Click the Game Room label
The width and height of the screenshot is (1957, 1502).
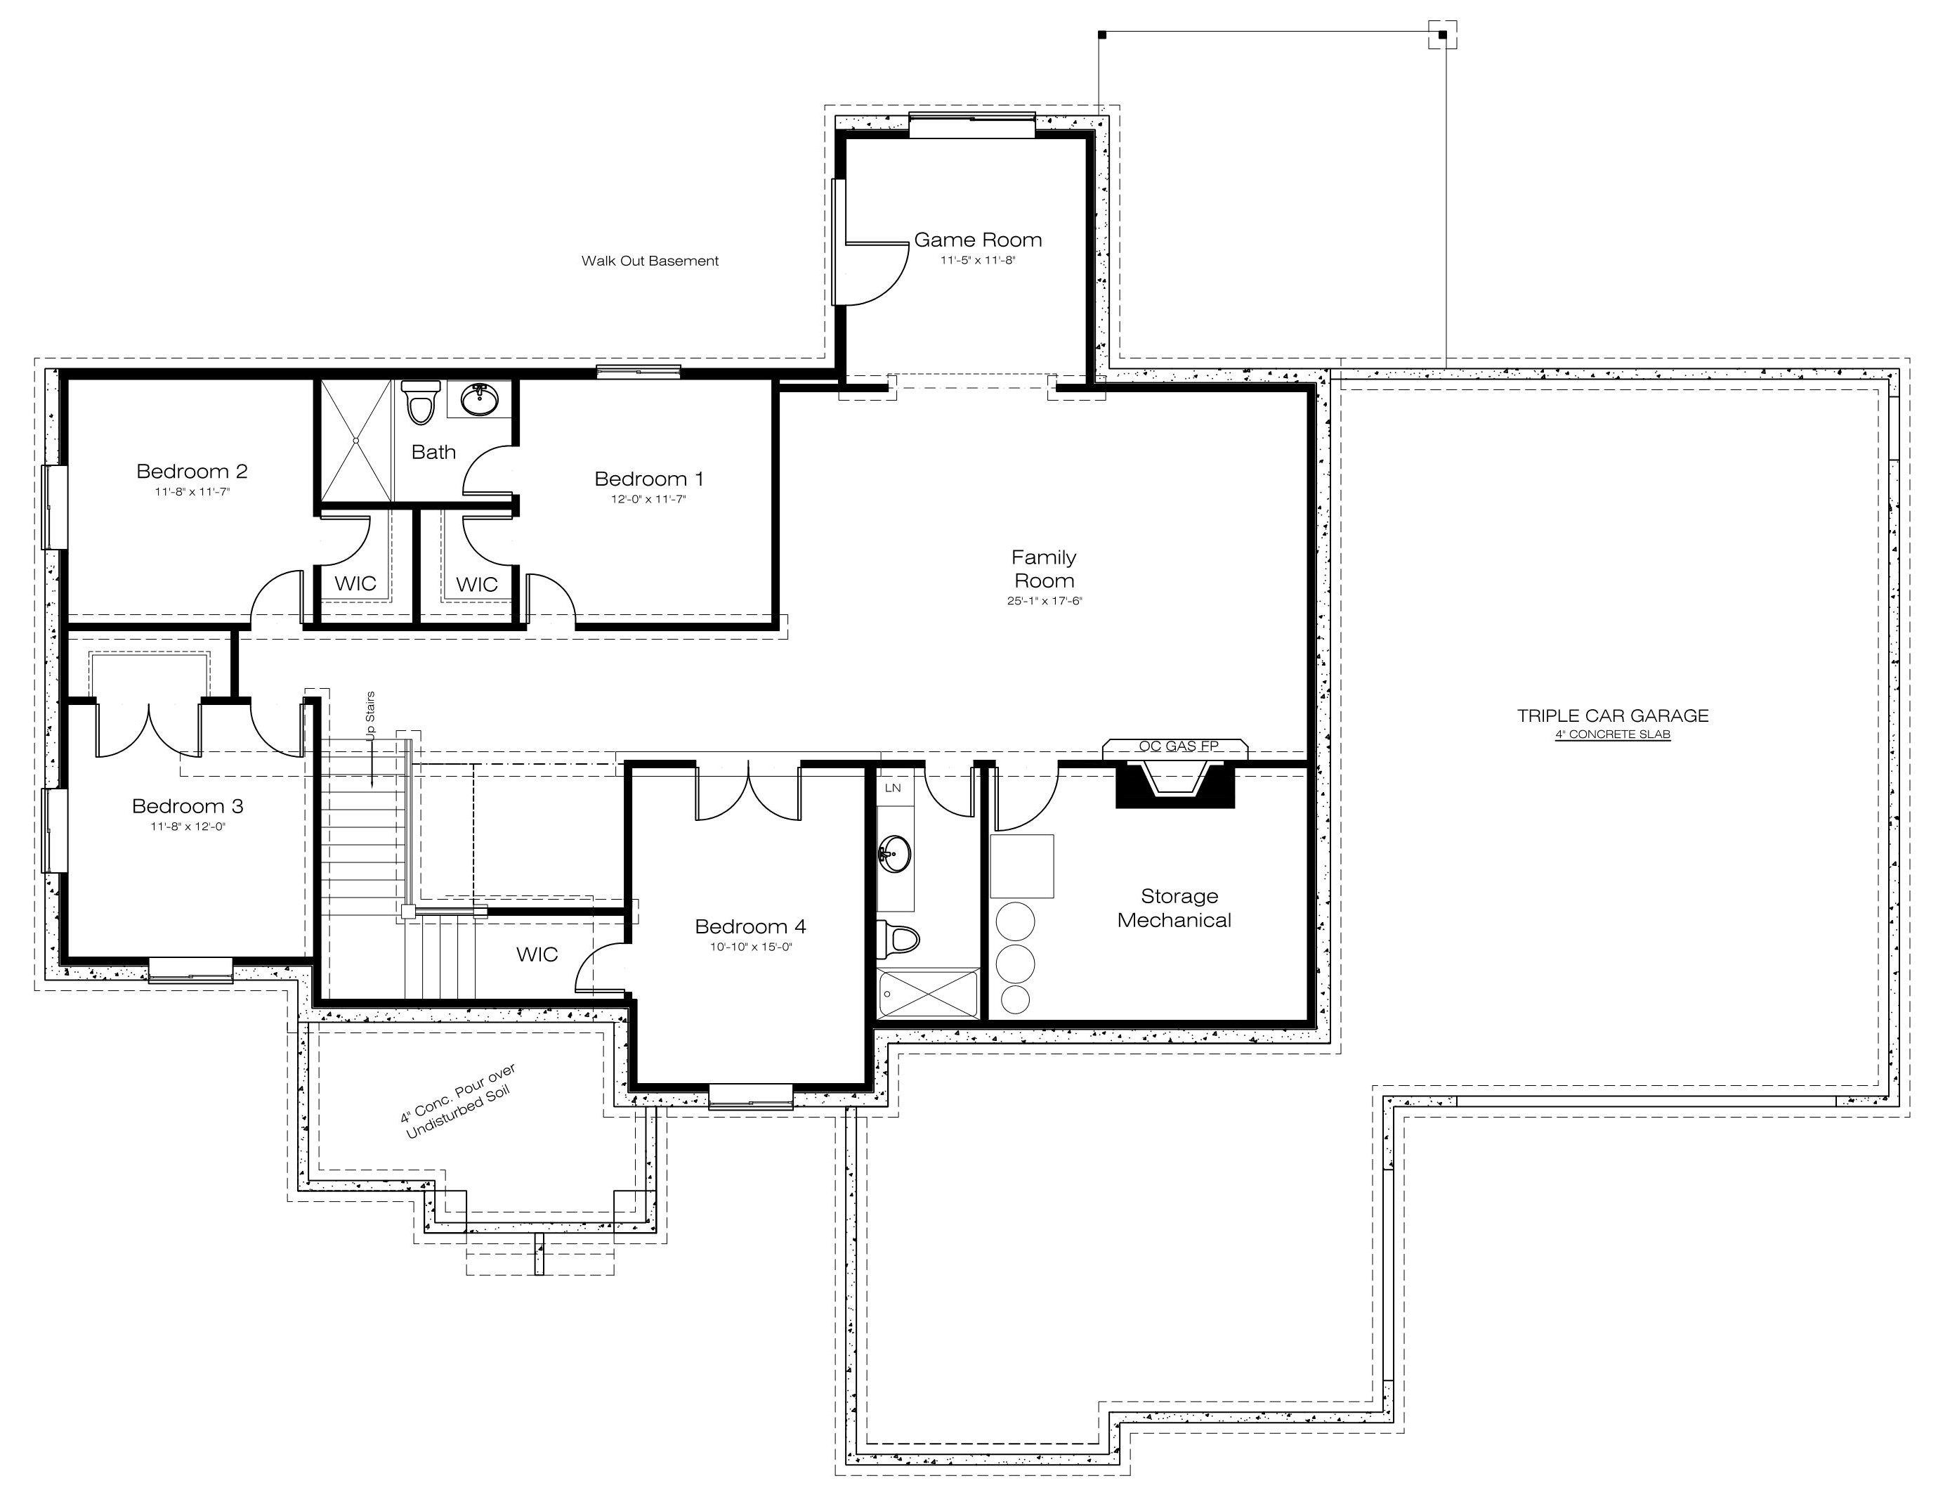tap(978, 240)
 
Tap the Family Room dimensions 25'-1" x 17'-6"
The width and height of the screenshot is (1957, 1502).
tap(1045, 601)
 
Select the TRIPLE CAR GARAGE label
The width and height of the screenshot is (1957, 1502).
tap(1613, 716)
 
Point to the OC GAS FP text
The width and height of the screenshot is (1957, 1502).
tap(1179, 746)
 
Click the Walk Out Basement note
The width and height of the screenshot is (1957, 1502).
tap(650, 261)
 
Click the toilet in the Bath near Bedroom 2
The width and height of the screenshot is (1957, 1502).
tap(420, 401)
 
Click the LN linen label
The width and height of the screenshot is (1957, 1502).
tap(893, 788)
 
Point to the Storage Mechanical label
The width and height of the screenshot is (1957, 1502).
tap(1175, 907)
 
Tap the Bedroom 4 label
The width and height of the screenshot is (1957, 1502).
tap(751, 926)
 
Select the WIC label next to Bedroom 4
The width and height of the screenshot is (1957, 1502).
tap(537, 955)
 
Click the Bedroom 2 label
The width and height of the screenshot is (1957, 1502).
tap(192, 471)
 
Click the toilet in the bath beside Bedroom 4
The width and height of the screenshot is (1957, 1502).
tap(898, 939)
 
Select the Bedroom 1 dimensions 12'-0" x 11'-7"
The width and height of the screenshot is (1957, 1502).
tap(649, 500)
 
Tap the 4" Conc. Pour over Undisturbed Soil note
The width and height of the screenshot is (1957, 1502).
tap(459, 1101)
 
